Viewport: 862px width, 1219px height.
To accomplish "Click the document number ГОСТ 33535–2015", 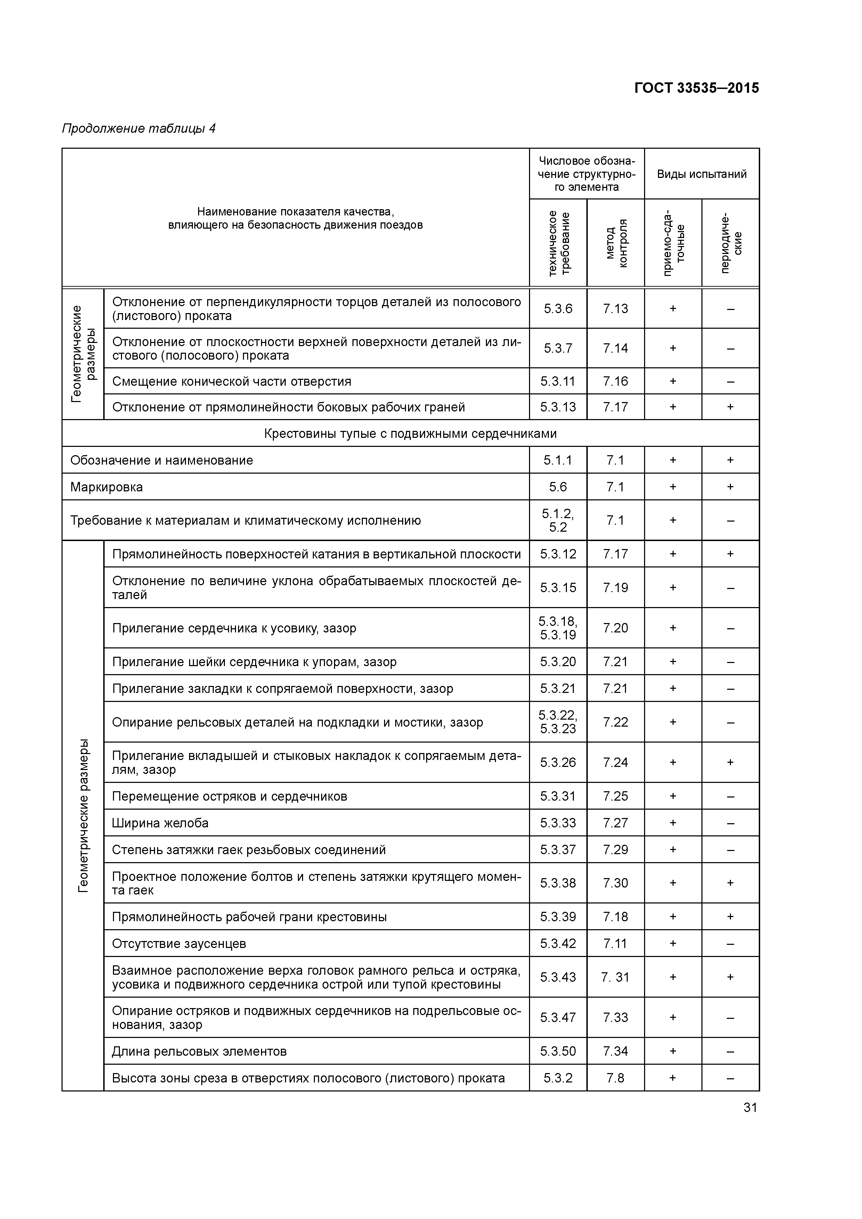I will (696, 88).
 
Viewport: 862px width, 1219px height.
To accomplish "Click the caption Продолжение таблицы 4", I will (139, 129).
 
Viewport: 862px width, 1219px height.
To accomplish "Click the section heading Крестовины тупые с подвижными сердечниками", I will (410, 434).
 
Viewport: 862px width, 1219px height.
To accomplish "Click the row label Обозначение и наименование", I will (162, 460).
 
